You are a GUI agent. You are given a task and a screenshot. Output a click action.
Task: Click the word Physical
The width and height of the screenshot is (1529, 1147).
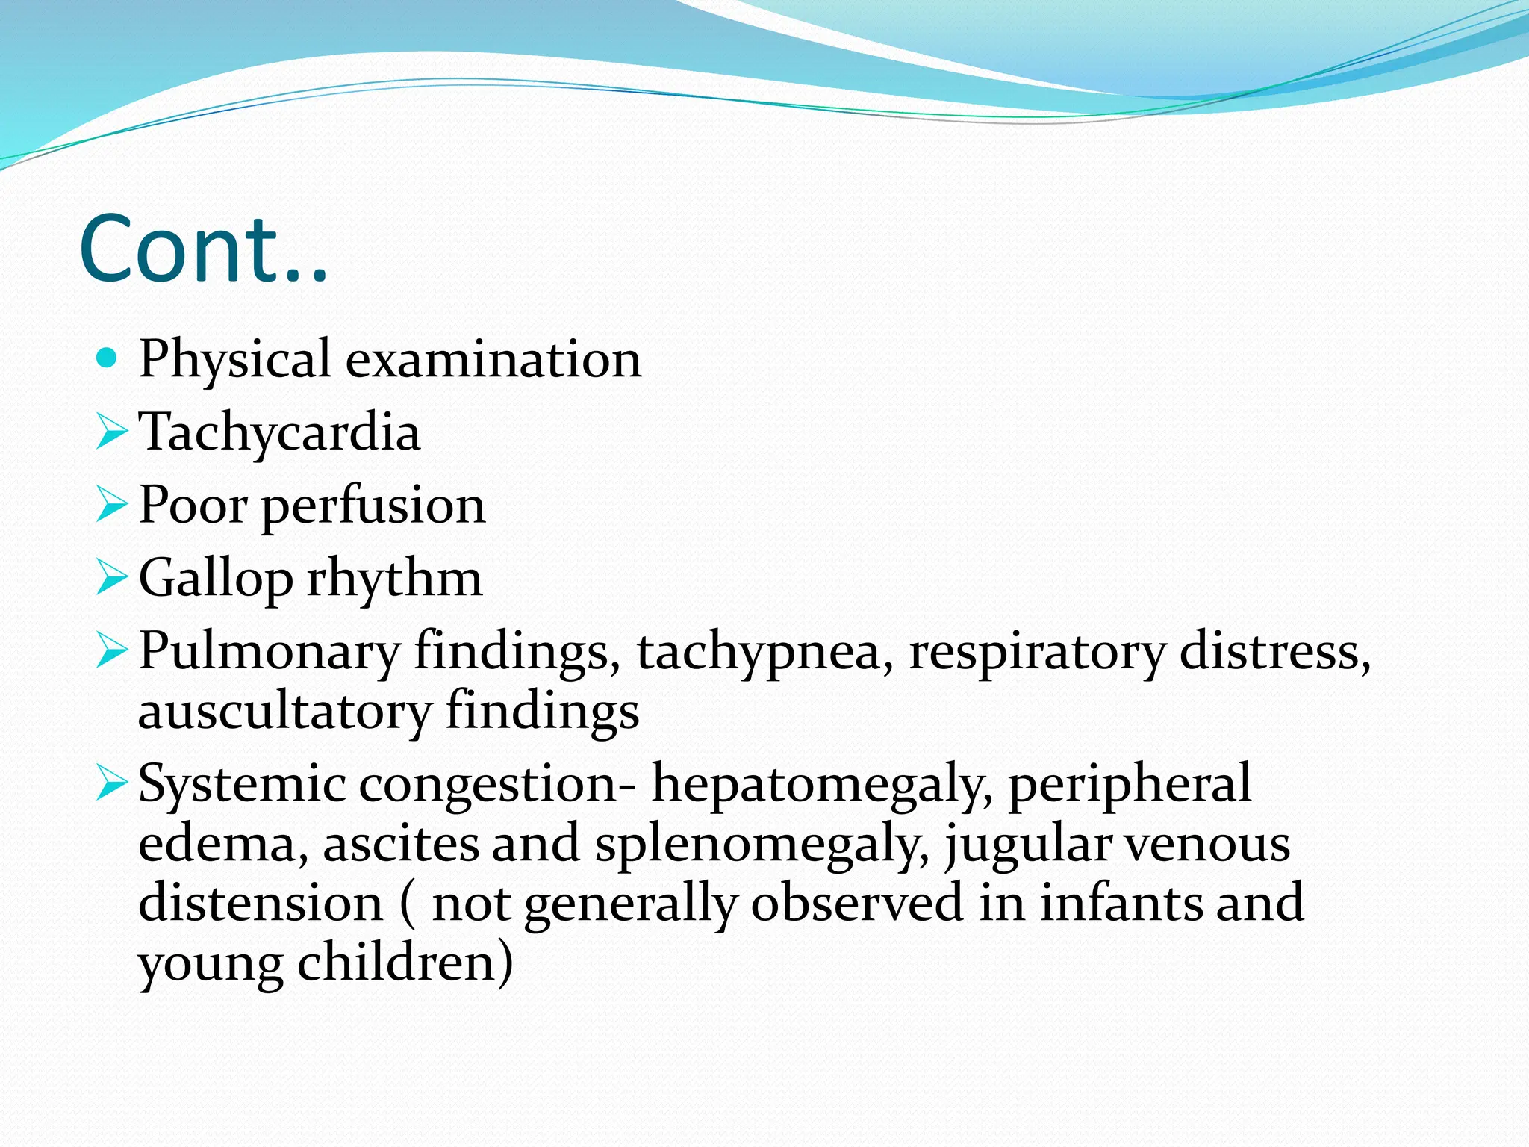234,360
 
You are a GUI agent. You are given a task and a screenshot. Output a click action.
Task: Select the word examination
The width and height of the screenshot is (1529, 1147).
493,360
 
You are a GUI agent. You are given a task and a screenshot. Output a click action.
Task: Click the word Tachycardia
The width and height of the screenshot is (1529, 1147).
279,433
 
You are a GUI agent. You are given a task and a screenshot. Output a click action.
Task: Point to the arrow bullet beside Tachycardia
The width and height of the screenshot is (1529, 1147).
112,433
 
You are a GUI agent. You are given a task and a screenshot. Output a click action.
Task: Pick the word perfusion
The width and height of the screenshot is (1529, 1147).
373,506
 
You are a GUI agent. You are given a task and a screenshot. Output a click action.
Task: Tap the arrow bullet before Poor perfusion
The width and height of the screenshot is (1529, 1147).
112,506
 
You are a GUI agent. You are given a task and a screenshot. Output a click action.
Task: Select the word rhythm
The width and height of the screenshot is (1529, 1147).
395,578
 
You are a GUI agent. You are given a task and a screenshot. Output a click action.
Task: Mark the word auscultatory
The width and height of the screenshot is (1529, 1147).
284,711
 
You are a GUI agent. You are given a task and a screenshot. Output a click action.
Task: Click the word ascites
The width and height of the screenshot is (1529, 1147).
400,844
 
